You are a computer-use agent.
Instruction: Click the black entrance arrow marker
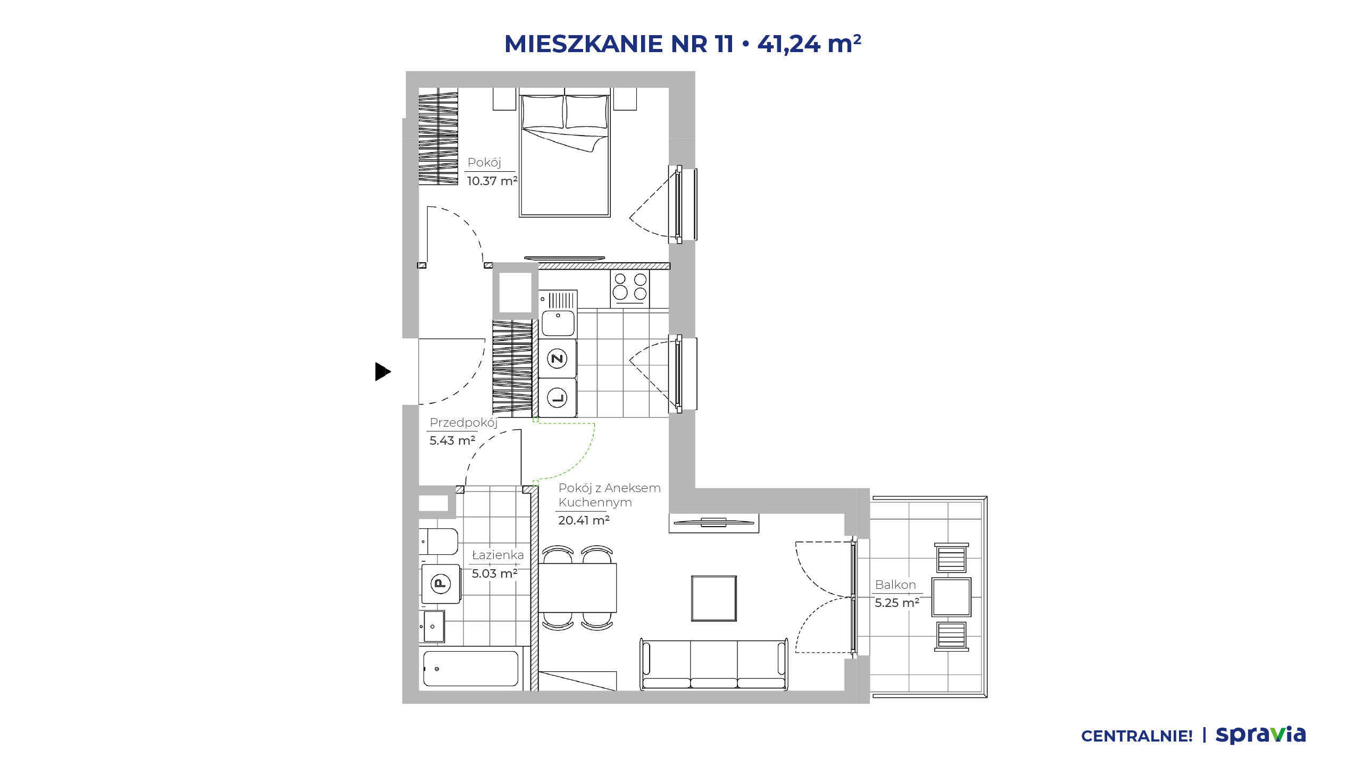[x=383, y=371]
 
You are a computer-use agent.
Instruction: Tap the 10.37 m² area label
[x=492, y=181]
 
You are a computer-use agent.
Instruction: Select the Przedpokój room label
[x=463, y=423]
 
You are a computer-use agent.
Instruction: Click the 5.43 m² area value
[x=452, y=440]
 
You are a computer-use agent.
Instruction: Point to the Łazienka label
[x=498, y=555]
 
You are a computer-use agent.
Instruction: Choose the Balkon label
[x=895, y=585]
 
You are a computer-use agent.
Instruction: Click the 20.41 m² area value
[x=584, y=520]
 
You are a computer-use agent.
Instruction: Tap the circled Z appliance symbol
[x=557, y=359]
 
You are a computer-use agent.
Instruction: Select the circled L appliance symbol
[x=557, y=397]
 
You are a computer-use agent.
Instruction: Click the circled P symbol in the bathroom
[x=441, y=584]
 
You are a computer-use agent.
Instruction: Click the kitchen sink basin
[x=558, y=323]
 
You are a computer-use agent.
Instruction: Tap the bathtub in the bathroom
[x=471, y=669]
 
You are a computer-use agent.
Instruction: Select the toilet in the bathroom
[x=438, y=542]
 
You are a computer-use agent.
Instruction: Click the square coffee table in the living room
[x=714, y=598]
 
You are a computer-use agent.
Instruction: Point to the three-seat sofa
[x=714, y=664]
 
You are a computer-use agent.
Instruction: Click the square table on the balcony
[x=951, y=597]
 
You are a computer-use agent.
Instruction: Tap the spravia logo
[x=1260, y=735]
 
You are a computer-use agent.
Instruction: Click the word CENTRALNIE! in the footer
[x=1137, y=736]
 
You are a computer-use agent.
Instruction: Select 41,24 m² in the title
[x=809, y=43]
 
